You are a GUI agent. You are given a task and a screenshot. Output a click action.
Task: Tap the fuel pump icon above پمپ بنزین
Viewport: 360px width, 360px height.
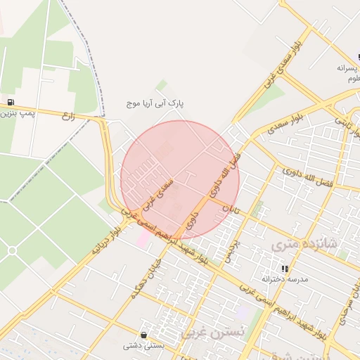tap(9, 102)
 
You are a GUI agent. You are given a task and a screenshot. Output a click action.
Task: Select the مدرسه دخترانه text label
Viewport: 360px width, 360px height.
tap(285, 279)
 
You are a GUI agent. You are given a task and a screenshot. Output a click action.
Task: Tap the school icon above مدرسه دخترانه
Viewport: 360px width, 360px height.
tap(285, 269)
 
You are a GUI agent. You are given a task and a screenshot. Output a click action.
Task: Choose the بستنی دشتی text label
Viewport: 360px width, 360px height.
tap(143, 345)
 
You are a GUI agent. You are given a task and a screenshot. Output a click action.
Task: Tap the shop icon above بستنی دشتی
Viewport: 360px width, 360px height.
tap(144, 335)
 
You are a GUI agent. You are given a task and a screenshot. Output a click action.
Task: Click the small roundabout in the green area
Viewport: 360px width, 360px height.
tap(11, 250)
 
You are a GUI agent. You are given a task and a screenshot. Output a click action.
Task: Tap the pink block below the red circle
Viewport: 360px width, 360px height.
tap(143, 239)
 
